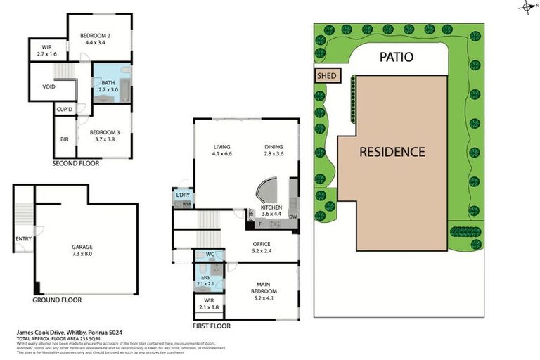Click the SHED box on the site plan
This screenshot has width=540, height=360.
[328, 75]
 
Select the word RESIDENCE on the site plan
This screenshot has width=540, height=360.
[392, 151]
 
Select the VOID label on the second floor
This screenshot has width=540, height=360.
[48, 88]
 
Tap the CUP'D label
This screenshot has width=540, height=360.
[65, 109]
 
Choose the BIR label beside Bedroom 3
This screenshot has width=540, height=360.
[65, 139]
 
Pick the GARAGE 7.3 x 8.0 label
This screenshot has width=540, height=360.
[82, 250]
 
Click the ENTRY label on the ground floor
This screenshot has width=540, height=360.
[23, 239]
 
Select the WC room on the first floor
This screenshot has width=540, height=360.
[210, 254]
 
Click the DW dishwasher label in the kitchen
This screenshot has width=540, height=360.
[292, 217]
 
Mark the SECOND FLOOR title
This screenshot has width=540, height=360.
[76, 163]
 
